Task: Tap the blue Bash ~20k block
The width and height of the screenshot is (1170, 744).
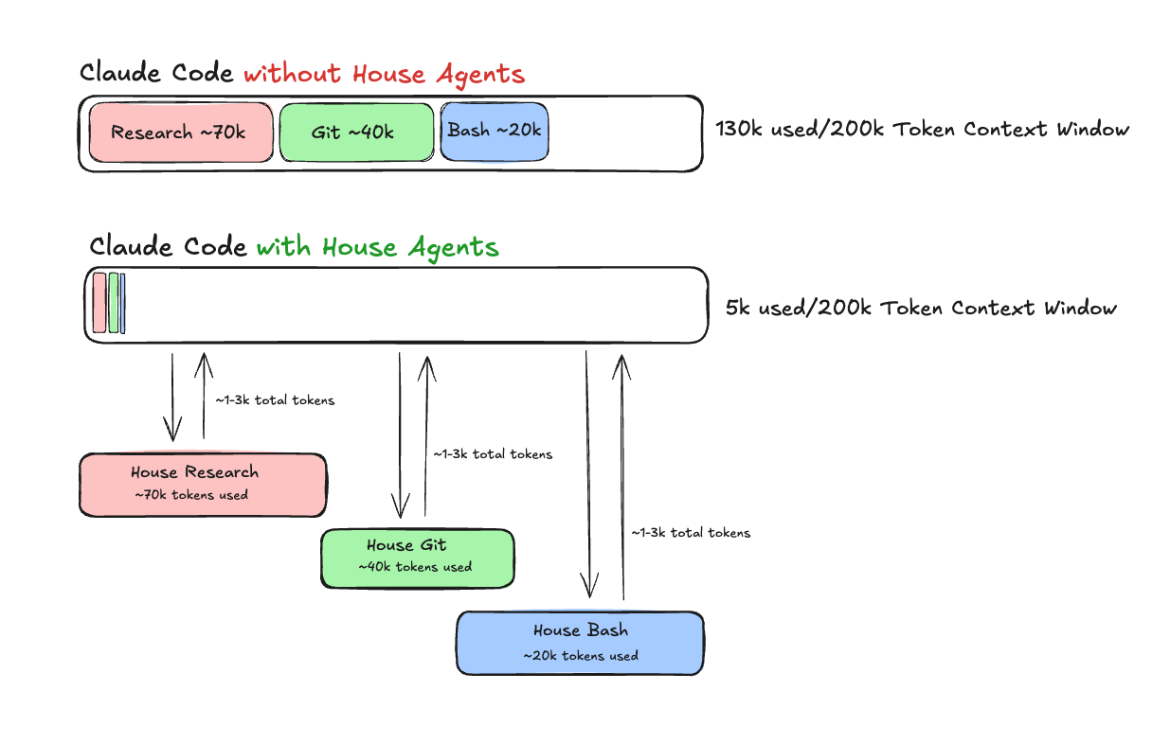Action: tap(495, 131)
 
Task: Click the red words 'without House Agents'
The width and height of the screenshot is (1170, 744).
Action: tap(383, 74)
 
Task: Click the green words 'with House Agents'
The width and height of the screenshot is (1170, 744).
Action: tap(377, 247)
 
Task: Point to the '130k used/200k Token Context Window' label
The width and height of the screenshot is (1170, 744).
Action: tap(922, 129)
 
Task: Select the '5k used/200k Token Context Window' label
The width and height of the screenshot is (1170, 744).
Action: tap(921, 308)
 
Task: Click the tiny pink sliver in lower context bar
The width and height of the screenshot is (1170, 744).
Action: tap(99, 303)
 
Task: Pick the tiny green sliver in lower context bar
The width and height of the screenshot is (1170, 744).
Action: tap(114, 303)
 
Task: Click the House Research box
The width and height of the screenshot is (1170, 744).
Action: tap(202, 484)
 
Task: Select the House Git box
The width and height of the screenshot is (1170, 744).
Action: tap(417, 558)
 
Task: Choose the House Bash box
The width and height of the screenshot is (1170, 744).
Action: tap(579, 642)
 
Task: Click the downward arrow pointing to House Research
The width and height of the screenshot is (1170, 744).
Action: tap(172, 398)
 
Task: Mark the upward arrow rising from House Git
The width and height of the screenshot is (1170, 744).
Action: tap(426, 435)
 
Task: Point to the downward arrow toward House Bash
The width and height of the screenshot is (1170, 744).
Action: tap(588, 473)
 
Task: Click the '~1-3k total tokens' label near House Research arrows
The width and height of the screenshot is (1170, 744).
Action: tap(275, 400)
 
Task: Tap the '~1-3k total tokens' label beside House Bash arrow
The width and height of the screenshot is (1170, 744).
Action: tap(691, 533)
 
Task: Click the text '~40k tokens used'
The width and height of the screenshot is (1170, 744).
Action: tap(415, 567)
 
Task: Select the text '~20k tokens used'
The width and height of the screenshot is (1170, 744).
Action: tap(580, 655)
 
